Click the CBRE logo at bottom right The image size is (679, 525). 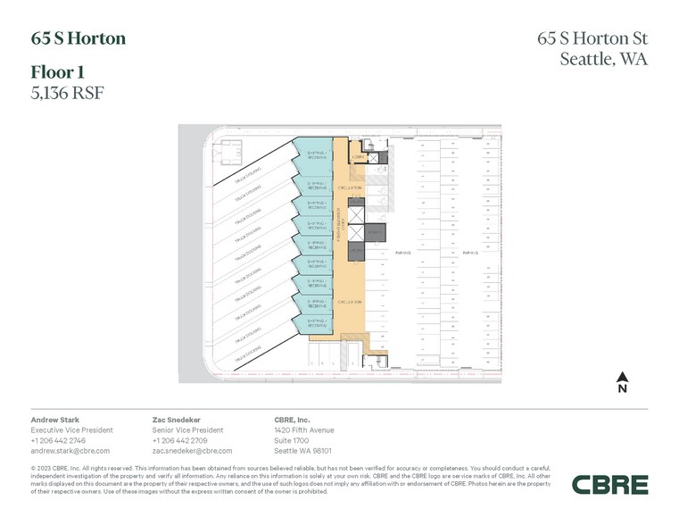pyautogui.click(x=609, y=485)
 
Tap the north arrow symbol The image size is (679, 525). pyautogui.click(x=623, y=382)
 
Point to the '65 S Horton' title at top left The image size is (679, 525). pyautogui.click(x=79, y=38)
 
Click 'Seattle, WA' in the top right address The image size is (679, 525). pyautogui.click(x=603, y=60)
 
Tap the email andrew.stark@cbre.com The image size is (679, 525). pyautogui.click(x=70, y=451)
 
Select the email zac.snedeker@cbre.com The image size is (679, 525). pyautogui.click(x=193, y=451)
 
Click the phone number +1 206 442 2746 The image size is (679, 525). pyautogui.click(x=59, y=440)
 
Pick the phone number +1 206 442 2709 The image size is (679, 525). pyautogui.click(x=180, y=440)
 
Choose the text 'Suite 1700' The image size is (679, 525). pyautogui.click(x=292, y=440)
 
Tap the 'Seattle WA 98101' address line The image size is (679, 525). pyautogui.click(x=303, y=451)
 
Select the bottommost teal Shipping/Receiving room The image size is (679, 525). pyautogui.click(x=319, y=322)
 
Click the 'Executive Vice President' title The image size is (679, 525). pyautogui.click(x=71, y=429)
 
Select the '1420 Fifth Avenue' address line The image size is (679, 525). pyautogui.click(x=303, y=429)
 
